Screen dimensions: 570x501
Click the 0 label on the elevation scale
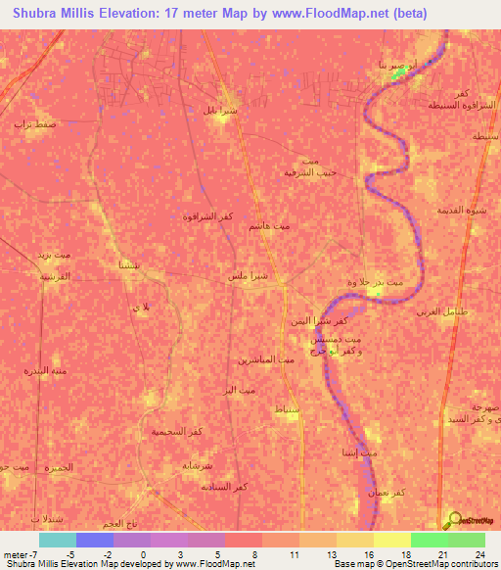click(x=143, y=554)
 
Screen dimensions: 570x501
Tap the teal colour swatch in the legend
click(x=57, y=540)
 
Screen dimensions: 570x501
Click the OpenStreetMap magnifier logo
click(x=454, y=519)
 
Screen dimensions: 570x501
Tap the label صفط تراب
click(x=33, y=124)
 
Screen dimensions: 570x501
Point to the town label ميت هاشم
click(x=269, y=226)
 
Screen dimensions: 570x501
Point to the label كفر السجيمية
click(x=176, y=431)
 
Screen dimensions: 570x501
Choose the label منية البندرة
click(x=44, y=371)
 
